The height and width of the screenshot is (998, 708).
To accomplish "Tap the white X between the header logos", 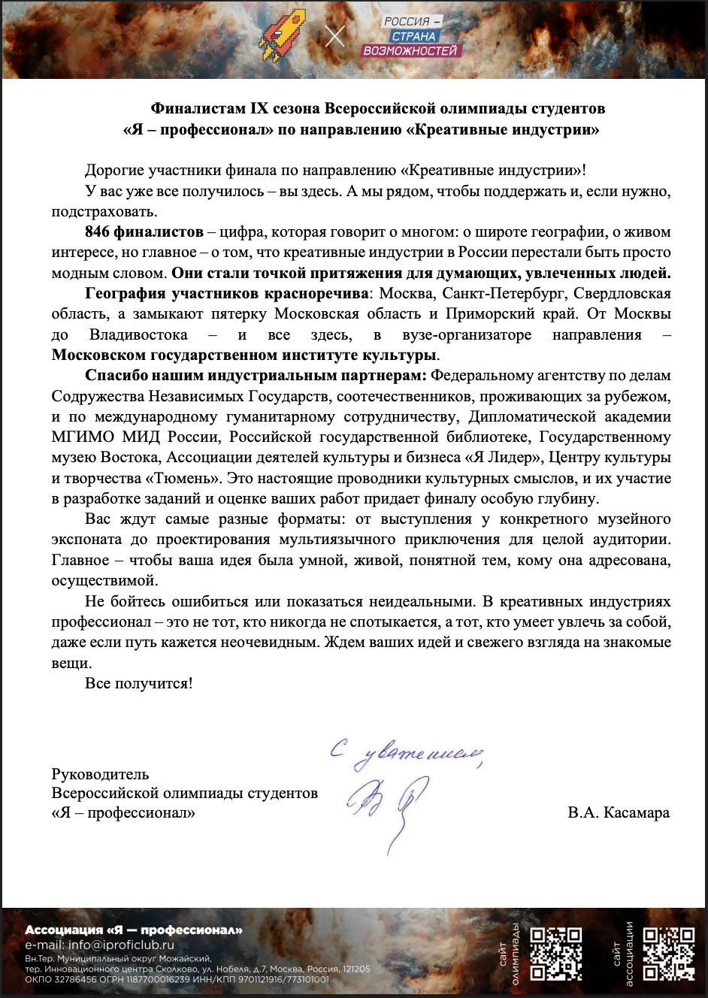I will tap(335, 36).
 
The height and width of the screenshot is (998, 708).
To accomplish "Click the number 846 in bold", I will tap(98, 231).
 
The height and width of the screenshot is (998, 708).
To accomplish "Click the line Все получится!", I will tap(138, 684).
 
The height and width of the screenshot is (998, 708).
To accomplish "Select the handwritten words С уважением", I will tap(406, 754).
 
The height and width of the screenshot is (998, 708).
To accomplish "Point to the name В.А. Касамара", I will tap(619, 813).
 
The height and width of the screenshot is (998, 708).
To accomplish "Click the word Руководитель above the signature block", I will tap(100, 774).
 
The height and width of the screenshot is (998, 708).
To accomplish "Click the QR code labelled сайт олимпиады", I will tap(557, 954).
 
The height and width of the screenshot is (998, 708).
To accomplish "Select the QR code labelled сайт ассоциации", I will tap(670, 954).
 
